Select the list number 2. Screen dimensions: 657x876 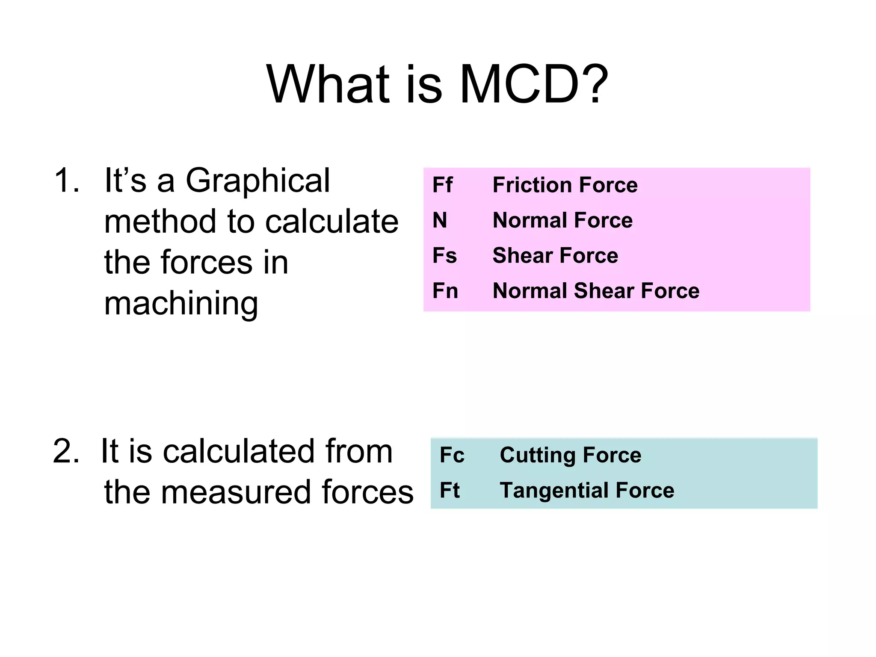coord(66,451)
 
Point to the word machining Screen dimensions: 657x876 coord(181,304)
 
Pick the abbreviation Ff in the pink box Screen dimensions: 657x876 coord(442,185)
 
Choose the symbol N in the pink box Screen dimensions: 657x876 coord(440,220)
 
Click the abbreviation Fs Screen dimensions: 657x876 coord(444,255)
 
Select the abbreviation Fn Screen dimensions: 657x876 coord(445,291)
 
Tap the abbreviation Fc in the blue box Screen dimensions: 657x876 coord(452,455)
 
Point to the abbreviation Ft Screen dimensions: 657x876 coord(450,490)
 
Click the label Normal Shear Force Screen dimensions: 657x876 coord(596,291)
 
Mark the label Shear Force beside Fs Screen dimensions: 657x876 coord(555,255)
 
